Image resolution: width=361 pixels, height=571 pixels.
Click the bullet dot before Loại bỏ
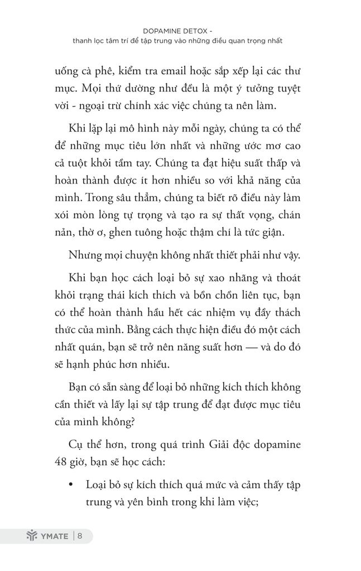click(x=71, y=485)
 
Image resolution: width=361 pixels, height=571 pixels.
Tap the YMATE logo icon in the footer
click(x=31, y=536)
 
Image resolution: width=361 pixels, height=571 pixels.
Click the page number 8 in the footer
click(x=80, y=536)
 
